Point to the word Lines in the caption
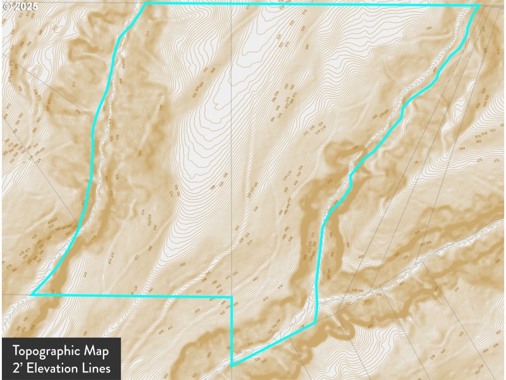[x=96, y=367]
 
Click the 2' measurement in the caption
[x=18, y=367]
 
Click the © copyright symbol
[x=6, y=6]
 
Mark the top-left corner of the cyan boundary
[x=146, y=3]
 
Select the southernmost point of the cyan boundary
[x=232, y=365]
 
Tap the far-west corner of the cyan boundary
[x=32, y=294]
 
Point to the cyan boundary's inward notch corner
[x=232, y=296]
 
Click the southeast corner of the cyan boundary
[x=315, y=324]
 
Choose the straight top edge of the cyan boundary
[x=310, y=4]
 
